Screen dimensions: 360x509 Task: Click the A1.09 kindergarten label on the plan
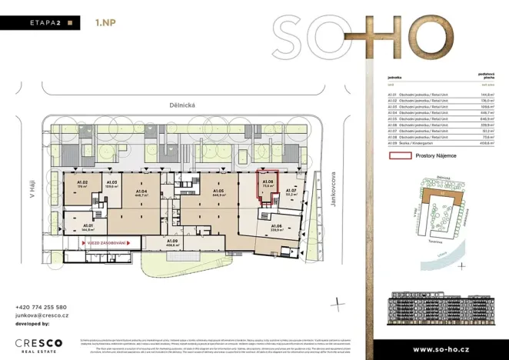[x=171, y=244]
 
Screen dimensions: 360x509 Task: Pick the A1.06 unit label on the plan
[x=277, y=227]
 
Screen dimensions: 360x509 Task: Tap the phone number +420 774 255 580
[x=40, y=306]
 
